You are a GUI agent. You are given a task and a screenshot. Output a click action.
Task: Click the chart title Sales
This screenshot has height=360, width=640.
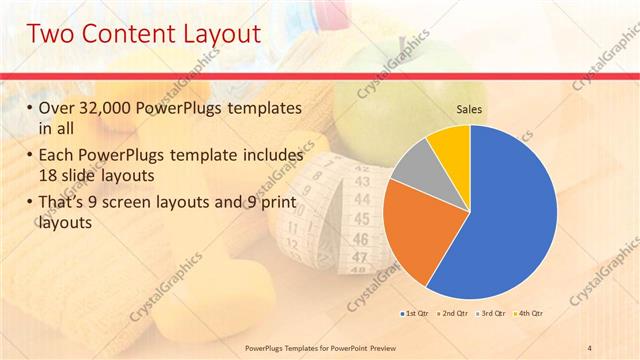pyautogui.click(x=471, y=109)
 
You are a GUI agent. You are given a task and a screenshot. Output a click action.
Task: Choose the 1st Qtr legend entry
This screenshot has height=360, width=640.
pyautogui.click(x=417, y=314)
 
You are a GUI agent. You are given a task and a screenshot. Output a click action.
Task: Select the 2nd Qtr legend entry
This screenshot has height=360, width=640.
pyautogui.click(x=456, y=314)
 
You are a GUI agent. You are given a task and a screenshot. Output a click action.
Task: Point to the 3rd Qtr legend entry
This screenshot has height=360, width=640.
pyautogui.click(x=494, y=314)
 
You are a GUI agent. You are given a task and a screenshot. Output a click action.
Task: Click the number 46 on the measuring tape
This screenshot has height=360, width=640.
pyautogui.click(x=360, y=239)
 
